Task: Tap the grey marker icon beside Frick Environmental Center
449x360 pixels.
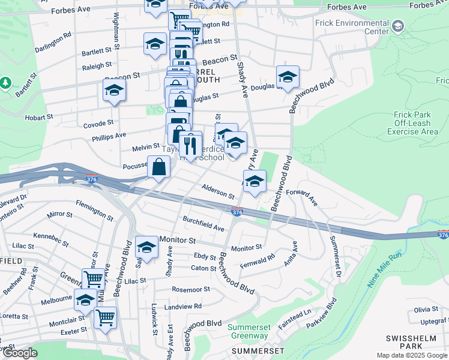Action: point(398,26)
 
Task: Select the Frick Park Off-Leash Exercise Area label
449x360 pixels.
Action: point(412,122)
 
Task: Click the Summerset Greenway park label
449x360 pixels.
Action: point(249,331)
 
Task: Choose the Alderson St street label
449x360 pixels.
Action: point(218,191)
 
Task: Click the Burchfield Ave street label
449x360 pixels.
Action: point(203,224)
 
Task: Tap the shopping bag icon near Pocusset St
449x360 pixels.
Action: point(158,167)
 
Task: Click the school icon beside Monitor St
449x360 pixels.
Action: point(146,247)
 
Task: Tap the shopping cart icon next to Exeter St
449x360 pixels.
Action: point(106,317)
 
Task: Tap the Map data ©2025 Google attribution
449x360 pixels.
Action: point(412,355)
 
